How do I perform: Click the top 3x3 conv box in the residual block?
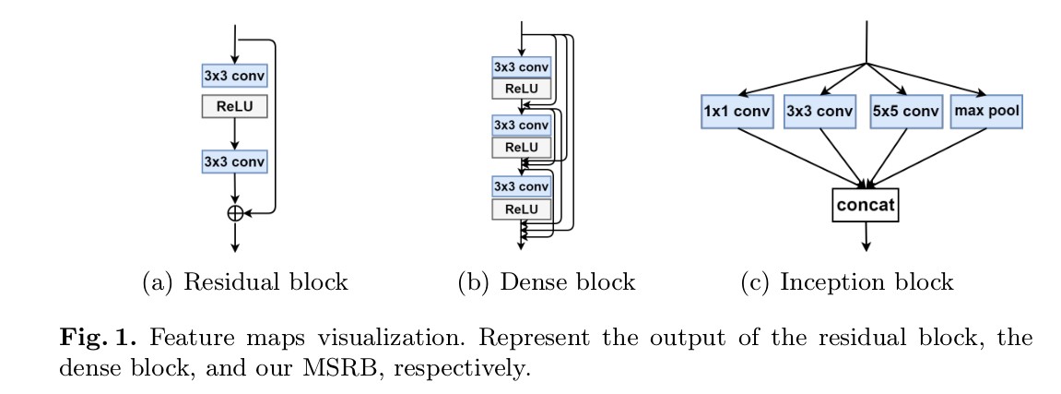point(235,74)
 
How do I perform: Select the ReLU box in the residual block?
point(235,106)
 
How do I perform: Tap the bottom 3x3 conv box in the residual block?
point(235,161)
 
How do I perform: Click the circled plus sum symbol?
point(235,212)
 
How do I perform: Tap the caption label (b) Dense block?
point(548,282)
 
